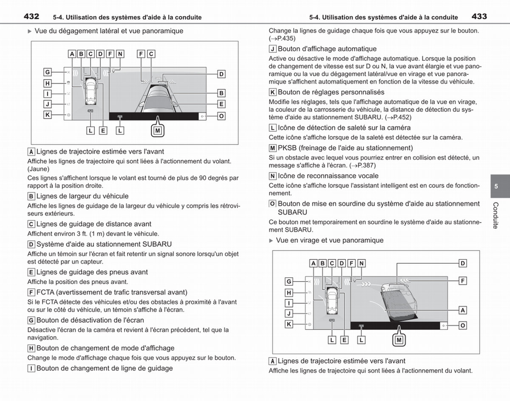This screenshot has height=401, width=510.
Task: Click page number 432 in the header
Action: pyautogui.click(x=31, y=17)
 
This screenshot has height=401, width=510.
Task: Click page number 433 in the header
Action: pyautogui.click(x=479, y=17)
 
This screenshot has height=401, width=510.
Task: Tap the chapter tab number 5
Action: pyautogui.click(x=496, y=186)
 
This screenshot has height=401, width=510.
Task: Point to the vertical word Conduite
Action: pyautogui.click(x=496, y=215)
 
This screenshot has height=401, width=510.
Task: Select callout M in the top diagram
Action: pyautogui.click(x=158, y=131)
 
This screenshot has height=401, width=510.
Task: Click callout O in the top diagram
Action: pyautogui.click(x=221, y=116)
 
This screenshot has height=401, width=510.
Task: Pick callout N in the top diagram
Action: pyautogui.click(x=120, y=54)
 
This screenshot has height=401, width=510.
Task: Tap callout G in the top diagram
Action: pyautogui.click(x=48, y=72)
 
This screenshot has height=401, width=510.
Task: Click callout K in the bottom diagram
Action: pyautogui.click(x=289, y=324)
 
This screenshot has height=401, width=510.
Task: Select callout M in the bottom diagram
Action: pyautogui.click(x=399, y=340)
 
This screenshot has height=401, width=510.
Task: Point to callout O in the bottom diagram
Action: pyautogui.click(x=462, y=326)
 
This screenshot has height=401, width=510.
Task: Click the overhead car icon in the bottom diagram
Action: pyautogui.click(x=332, y=301)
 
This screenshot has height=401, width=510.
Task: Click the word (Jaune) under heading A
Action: pyautogui.click(x=39, y=169)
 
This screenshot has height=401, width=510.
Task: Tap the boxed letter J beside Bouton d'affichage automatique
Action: pyautogui.click(x=272, y=49)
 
